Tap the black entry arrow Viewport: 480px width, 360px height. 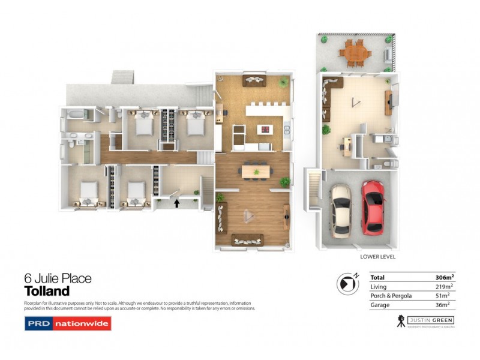click(x=177, y=203)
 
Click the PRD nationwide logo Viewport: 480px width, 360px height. click(x=67, y=324)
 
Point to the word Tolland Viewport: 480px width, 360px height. click(x=47, y=292)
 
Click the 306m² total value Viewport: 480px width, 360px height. click(x=445, y=278)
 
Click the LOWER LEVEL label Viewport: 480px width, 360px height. click(x=377, y=257)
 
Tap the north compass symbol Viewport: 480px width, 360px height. click(x=346, y=283)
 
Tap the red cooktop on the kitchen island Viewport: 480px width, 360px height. click(x=265, y=129)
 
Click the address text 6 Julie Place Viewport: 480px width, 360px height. click(x=58, y=278)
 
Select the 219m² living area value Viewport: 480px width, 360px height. click(x=445, y=287)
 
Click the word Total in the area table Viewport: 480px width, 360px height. click(x=378, y=278)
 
